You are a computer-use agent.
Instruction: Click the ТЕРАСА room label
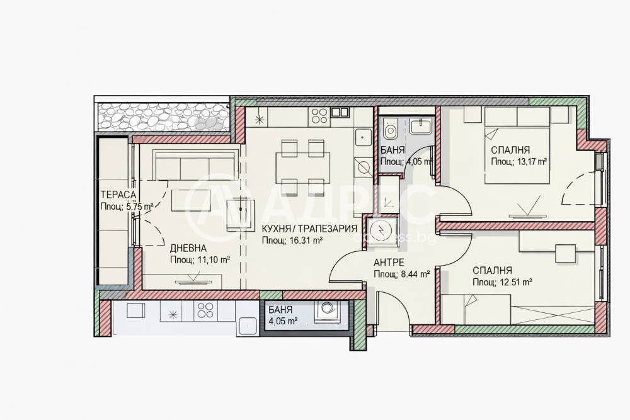click(x=118, y=195)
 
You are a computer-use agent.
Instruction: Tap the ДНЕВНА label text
click(x=188, y=248)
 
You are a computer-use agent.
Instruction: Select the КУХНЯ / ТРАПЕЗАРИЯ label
click(x=309, y=229)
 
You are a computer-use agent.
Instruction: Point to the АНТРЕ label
click(x=389, y=263)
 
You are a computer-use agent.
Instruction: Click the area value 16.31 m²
click(x=306, y=241)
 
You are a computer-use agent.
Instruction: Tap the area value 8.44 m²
click(x=415, y=275)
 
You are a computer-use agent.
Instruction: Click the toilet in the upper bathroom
click(x=389, y=128)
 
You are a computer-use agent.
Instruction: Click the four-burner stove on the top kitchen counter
click(x=319, y=116)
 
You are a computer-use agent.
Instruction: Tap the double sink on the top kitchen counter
click(x=340, y=112)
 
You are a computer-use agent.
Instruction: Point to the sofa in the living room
click(x=195, y=166)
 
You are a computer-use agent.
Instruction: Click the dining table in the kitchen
click(x=302, y=165)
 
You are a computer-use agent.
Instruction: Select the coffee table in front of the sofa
click(x=192, y=200)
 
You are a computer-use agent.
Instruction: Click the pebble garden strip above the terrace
click(x=164, y=117)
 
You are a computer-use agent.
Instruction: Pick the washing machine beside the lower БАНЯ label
click(x=326, y=311)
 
